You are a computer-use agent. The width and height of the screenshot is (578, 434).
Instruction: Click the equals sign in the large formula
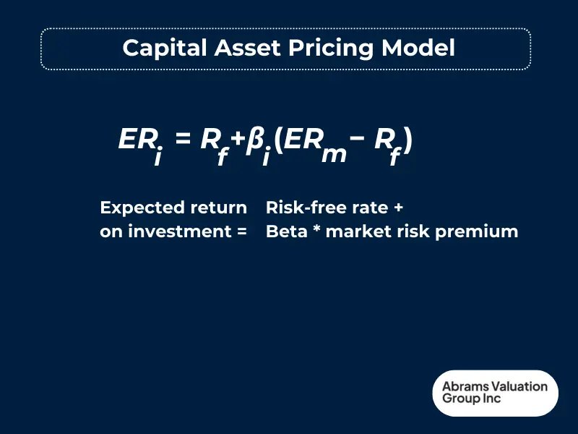click(x=183, y=139)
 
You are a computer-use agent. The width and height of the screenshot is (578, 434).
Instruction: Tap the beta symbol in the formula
click(x=254, y=140)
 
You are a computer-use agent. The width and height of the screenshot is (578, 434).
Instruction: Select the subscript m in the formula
click(x=334, y=154)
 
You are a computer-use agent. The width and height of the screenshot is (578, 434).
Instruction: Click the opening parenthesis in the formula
click(x=277, y=140)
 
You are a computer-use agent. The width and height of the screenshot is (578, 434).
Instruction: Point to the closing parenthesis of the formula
click(x=407, y=140)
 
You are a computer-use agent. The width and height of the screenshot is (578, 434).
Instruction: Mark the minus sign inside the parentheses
click(x=358, y=139)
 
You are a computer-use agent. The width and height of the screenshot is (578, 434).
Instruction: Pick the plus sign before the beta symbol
click(x=236, y=140)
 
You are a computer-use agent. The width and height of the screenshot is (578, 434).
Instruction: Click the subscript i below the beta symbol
click(x=266, y=156)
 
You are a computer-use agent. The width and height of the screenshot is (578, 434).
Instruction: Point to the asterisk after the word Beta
click(x=316, y=231)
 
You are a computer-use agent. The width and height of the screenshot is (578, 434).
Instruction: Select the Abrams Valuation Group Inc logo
click(x=495, y=393)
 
